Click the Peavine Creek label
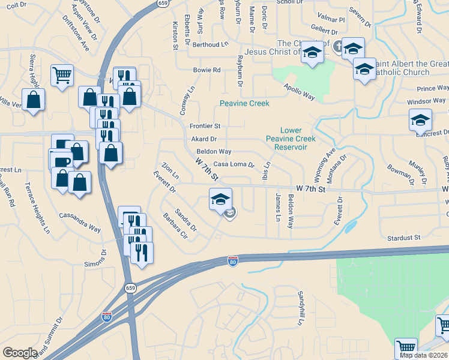(x=244, y=103)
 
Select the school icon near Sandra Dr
(x=220, y=199)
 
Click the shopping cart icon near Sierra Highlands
(x=62, y=76)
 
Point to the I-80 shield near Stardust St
(x=233, y=260)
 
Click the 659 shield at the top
(x=163, y=3)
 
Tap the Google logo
(x=20, y=353)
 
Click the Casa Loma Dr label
(x=234, y=164)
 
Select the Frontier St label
(x=205, y=126)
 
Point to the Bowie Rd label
(x=206, y=70)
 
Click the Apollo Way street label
(x=300, y=92)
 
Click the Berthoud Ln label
(x=211, y=44)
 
